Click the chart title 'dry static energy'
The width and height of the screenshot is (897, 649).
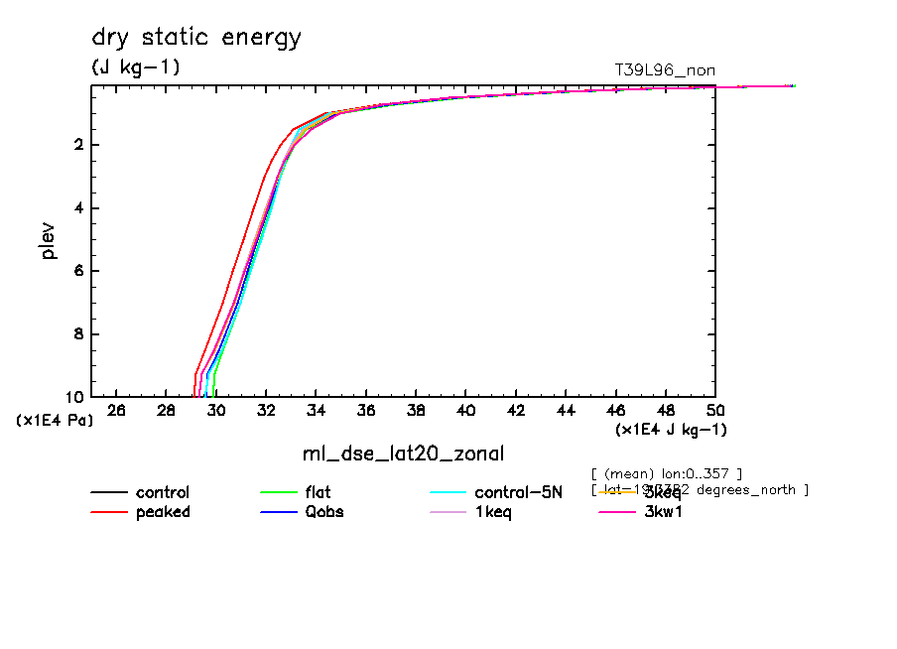[195, 39]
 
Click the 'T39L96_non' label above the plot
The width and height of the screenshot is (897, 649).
[665, 69]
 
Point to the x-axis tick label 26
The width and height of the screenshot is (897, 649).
[116, 411]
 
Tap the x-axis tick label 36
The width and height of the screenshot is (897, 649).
[366, 411]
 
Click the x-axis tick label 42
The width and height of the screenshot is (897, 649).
[516, 411]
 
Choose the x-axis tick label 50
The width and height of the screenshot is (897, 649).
[715, 411]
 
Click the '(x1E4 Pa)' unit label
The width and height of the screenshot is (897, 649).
[56, 421]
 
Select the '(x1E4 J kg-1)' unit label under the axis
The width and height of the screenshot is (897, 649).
[671, 430]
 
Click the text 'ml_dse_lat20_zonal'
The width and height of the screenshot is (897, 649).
[403, 454]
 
